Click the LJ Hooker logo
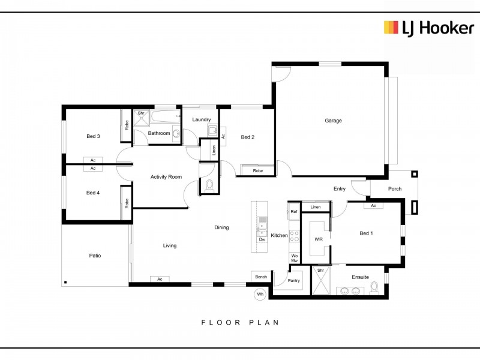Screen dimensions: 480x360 click(429, 28)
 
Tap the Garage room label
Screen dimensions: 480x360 click(333, 121)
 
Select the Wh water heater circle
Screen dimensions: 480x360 click(260, 294)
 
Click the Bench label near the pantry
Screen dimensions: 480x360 click(261, 277)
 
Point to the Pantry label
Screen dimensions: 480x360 click(293, 280)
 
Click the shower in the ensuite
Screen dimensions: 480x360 click(320, 280)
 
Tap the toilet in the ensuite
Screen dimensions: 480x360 click(374, 288)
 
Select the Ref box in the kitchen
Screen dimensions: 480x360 click(294, 212)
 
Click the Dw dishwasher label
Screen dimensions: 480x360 click(262, 239)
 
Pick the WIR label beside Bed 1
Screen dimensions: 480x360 click(319, 239)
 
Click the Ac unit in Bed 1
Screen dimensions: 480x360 click(373, 205)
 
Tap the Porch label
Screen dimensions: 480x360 click(395, 189)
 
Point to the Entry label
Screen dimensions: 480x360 click(339, 189)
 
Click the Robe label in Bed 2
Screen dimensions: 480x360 click(258, 171)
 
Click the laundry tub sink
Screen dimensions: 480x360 click(212, 131)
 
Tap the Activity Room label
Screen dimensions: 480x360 click(166, 177)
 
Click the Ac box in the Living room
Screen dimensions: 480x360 click(160, 279)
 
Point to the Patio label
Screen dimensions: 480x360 click(95, 256)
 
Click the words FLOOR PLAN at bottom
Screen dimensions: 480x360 click(240, 322)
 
